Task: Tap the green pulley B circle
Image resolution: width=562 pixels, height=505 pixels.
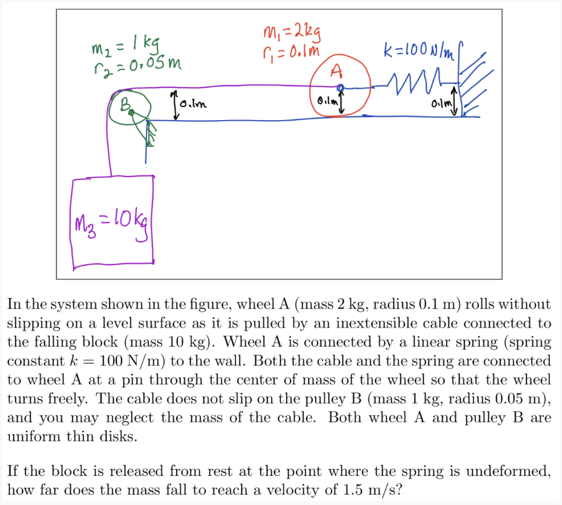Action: coord(130,109)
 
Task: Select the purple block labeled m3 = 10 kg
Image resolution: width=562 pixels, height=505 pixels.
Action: coord(112,222)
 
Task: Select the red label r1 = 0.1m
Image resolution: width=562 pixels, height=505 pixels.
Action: coord(291,53)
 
